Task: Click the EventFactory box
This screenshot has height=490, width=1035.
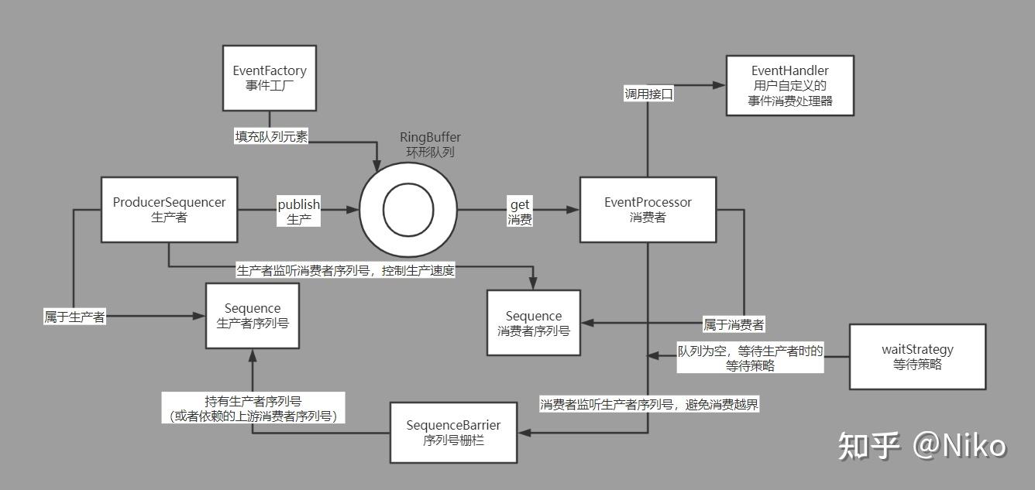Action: (270, 77)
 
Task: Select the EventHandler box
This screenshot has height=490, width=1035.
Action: (789, 85)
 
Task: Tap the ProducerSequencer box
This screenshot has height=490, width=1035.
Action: (170, 209)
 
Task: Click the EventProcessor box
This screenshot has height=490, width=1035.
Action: (648, 209)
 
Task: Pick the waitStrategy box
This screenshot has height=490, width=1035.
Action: (917, 356)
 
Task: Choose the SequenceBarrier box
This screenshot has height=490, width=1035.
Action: (453, 432)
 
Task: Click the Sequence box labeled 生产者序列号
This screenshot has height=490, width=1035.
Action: (252, 315)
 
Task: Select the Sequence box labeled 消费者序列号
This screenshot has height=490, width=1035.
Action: (533, 323)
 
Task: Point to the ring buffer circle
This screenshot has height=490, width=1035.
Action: (408, 210)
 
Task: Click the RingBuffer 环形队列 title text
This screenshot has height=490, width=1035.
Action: (430, 145)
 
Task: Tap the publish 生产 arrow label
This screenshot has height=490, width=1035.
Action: (299, 211)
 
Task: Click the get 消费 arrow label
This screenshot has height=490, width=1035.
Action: (519, 211)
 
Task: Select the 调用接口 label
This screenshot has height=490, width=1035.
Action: (649, 94)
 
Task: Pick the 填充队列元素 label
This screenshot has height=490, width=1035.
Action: (271, 137)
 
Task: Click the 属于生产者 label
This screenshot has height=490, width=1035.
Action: (74, 317)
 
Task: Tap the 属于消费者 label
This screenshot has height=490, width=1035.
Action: (733, 324)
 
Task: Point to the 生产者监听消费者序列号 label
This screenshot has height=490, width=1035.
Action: (346, 270)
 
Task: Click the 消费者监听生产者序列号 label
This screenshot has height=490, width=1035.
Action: (648, 403)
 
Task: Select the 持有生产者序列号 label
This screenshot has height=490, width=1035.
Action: (253, 408)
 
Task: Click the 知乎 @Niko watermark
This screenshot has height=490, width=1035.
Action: (922, 445)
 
